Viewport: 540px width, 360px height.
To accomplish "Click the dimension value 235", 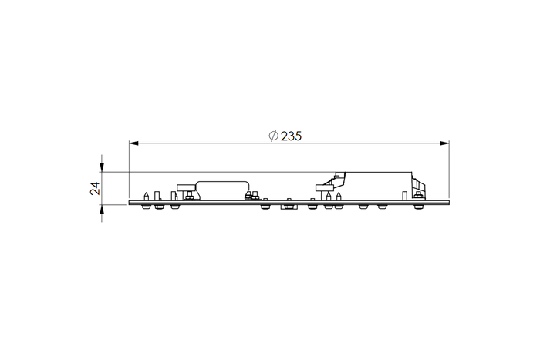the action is [291, 136].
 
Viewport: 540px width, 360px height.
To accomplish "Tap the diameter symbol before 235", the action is [273, 136].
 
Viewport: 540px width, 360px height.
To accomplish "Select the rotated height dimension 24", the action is [95, 188].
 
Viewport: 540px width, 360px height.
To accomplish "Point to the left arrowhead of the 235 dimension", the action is [133, 143].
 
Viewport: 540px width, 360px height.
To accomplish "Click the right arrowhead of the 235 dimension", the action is [444, 143].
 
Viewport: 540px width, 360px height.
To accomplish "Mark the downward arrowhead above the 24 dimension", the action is [102, 167].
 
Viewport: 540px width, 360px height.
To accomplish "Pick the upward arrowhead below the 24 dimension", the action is [102, 209].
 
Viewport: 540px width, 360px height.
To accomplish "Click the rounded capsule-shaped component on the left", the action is [222, 190].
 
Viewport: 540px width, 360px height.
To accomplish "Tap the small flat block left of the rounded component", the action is [186, 187].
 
